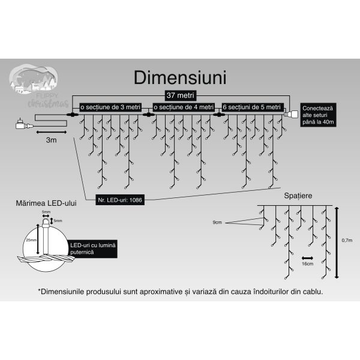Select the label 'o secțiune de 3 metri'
click(110, 107)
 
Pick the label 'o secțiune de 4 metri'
click(184, 107)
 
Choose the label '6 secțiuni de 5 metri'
click(251, 107)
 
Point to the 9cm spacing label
click(218, 223)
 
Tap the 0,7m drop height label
click(347, 241)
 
